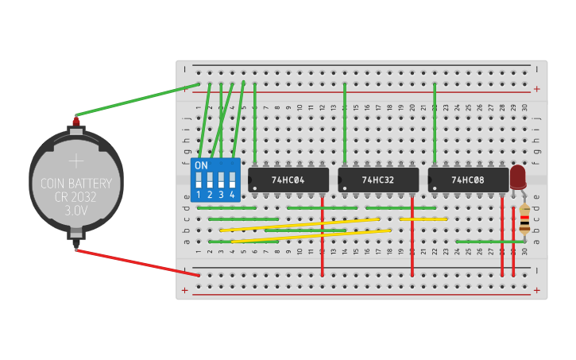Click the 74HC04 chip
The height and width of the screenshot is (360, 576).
tap(288, 180)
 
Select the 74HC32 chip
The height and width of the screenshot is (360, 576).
tap(378, 180)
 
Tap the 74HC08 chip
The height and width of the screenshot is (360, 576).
tap(468, 180)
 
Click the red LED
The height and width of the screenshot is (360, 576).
tap(518, 176)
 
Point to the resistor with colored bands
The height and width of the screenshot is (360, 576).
tap(524, 219)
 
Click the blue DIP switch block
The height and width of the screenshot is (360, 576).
tap(215, 180)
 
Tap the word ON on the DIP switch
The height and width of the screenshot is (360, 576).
tap(201, 165)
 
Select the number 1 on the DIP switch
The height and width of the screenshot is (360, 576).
tap(199, 195)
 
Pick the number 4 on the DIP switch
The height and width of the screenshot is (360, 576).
tap(232, 195)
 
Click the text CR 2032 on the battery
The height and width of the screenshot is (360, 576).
tap(76, 197)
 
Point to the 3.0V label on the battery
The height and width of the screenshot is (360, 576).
tap(76, 211)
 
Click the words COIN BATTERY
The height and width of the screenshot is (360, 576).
tap(76, 184)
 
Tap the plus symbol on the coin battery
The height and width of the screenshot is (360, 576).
tap(76, 161)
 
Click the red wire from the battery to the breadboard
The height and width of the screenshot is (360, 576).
tap(135, 261)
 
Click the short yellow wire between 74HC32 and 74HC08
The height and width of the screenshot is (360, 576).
tap(423, 219)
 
